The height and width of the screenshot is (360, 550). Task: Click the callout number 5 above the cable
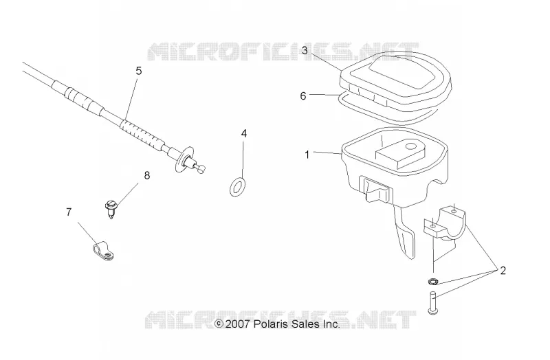[x=139, y=71]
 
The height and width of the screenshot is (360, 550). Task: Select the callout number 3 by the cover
[x=305, y=50]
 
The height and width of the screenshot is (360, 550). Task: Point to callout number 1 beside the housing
[x=307, y=155]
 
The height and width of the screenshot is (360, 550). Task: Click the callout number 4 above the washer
[x=244, y=133]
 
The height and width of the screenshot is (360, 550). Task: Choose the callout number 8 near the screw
[x=147, y=175]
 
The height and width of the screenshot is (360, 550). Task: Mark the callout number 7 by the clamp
[x=69, y=212]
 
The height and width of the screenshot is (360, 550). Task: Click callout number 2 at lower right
[x=503, y=271]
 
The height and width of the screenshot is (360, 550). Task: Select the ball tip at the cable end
[x=201, y=168]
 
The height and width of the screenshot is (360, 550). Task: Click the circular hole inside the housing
[x=409, y=146]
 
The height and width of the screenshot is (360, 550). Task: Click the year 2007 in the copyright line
[x=237, y=324]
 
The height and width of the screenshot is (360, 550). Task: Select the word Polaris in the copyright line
[x=269, y=324]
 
